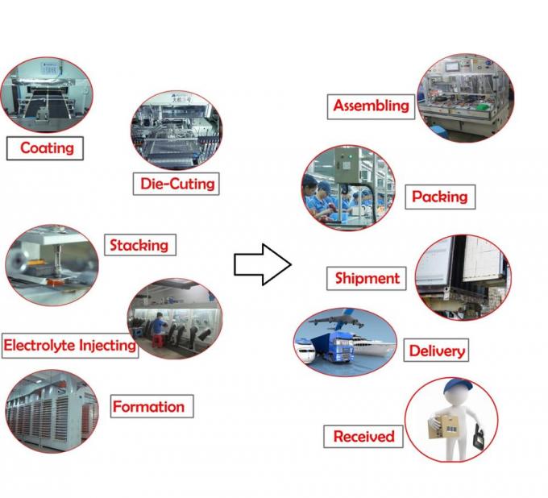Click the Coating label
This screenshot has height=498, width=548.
point(46,147)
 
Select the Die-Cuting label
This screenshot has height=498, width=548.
point(176,183)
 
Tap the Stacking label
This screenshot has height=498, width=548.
point(139,245)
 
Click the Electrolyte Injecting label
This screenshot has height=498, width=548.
point(69,346)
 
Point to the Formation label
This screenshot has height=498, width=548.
point(147,407)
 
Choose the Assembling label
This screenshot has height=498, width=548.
point(371,106)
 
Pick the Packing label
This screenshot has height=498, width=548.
point(439,196)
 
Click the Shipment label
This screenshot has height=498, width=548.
point(367,278)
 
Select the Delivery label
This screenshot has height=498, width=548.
point(436,351)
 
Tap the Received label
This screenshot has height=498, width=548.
point(363,436)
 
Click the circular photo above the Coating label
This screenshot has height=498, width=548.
point(47,93)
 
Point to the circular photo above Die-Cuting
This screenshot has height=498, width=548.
point(176,130)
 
